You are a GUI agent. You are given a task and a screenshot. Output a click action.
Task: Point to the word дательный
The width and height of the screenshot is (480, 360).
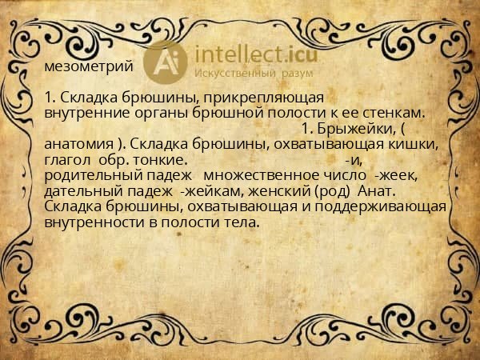[82, 192]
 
